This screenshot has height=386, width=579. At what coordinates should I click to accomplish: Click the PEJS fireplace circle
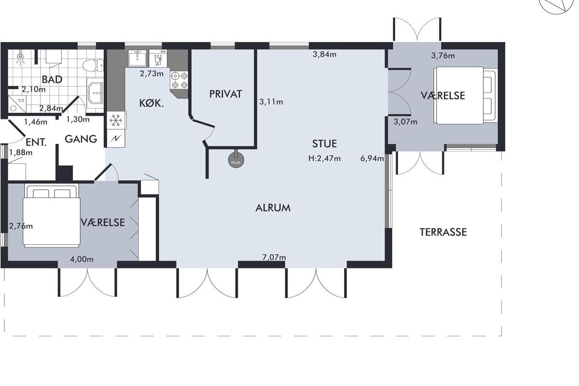236,160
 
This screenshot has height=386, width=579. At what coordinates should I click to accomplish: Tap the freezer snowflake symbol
116,120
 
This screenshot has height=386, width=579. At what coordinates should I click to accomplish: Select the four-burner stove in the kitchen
179,81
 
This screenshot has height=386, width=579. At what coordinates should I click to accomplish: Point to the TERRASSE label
443,232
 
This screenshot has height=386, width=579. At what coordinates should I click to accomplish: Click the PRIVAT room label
226,94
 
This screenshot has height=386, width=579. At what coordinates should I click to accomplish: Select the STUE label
324,144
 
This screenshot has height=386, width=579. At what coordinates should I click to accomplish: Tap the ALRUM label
273,208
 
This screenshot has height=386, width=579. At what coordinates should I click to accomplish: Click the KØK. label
152,103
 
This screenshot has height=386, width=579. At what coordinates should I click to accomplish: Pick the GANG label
81,139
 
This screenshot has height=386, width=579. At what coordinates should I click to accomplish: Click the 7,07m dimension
274,257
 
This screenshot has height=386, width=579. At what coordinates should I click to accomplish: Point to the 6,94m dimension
372,158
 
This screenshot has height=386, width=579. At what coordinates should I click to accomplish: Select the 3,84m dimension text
324,55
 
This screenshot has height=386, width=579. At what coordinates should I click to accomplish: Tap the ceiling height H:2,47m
324,158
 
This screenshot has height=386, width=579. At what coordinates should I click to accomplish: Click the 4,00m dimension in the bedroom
82,259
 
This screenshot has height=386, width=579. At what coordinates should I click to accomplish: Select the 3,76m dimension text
443,55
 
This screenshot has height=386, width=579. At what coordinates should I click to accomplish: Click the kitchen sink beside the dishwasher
137,58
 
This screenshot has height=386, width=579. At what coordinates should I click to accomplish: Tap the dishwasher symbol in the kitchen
158,58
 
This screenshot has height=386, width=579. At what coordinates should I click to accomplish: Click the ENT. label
36,142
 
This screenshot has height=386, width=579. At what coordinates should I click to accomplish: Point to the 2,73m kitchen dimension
152,74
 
